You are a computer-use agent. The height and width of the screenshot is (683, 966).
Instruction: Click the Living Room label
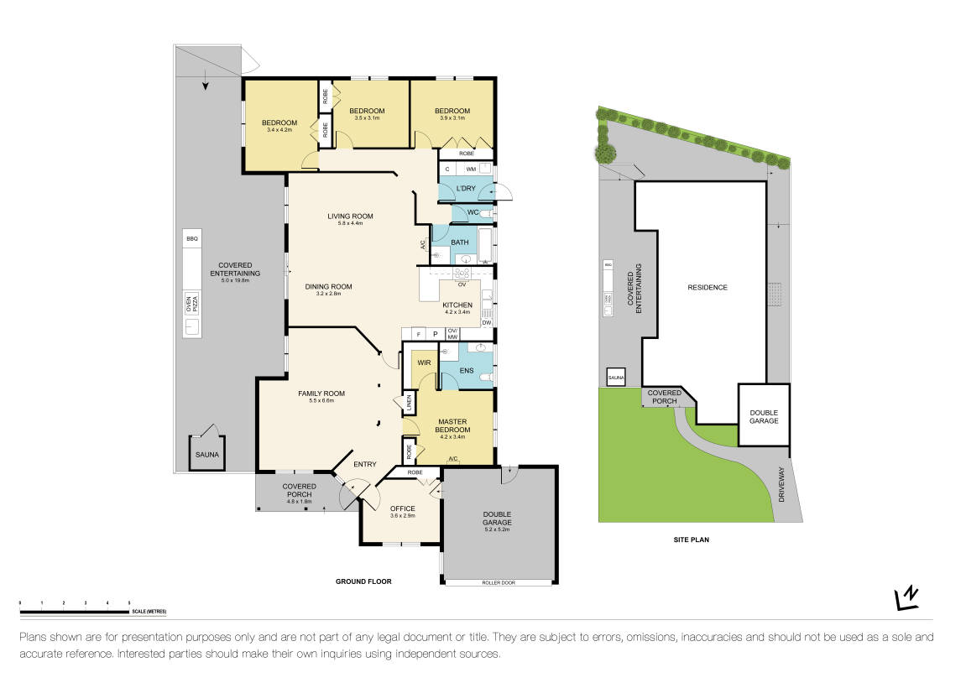click(x=350, y=216)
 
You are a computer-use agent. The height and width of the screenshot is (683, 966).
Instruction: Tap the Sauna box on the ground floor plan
click(x=206, y=454)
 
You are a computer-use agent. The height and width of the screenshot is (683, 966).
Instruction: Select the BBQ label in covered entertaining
click(x=192, y=239)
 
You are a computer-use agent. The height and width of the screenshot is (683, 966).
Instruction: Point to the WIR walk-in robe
click(x=423, y=363)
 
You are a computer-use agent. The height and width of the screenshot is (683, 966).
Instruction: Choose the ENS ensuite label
click(x=467, y=369)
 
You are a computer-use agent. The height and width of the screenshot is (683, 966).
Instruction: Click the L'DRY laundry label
click(x=466, y=188)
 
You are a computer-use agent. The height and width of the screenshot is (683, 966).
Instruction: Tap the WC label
click(x=473, y=212)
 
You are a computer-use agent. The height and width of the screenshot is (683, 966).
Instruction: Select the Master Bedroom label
click(x=451, y=425)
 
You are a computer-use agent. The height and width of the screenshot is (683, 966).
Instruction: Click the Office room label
click(x=402, y=508)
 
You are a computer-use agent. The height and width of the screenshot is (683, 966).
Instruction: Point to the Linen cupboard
click(x=409, y=404)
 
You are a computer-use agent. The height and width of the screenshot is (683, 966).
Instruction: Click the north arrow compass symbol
click(x=907, y=597)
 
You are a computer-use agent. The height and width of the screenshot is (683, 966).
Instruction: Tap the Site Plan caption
click(x=691, y=540)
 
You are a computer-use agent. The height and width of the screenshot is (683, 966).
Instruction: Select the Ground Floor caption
click(x=363, y=581)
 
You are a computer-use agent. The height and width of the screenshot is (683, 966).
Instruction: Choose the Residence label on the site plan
click(x=708, y=287)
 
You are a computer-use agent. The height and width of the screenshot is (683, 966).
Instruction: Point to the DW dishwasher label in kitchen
click(x=486, y=322)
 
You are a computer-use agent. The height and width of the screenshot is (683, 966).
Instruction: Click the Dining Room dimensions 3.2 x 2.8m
click(x=328, y=295)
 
